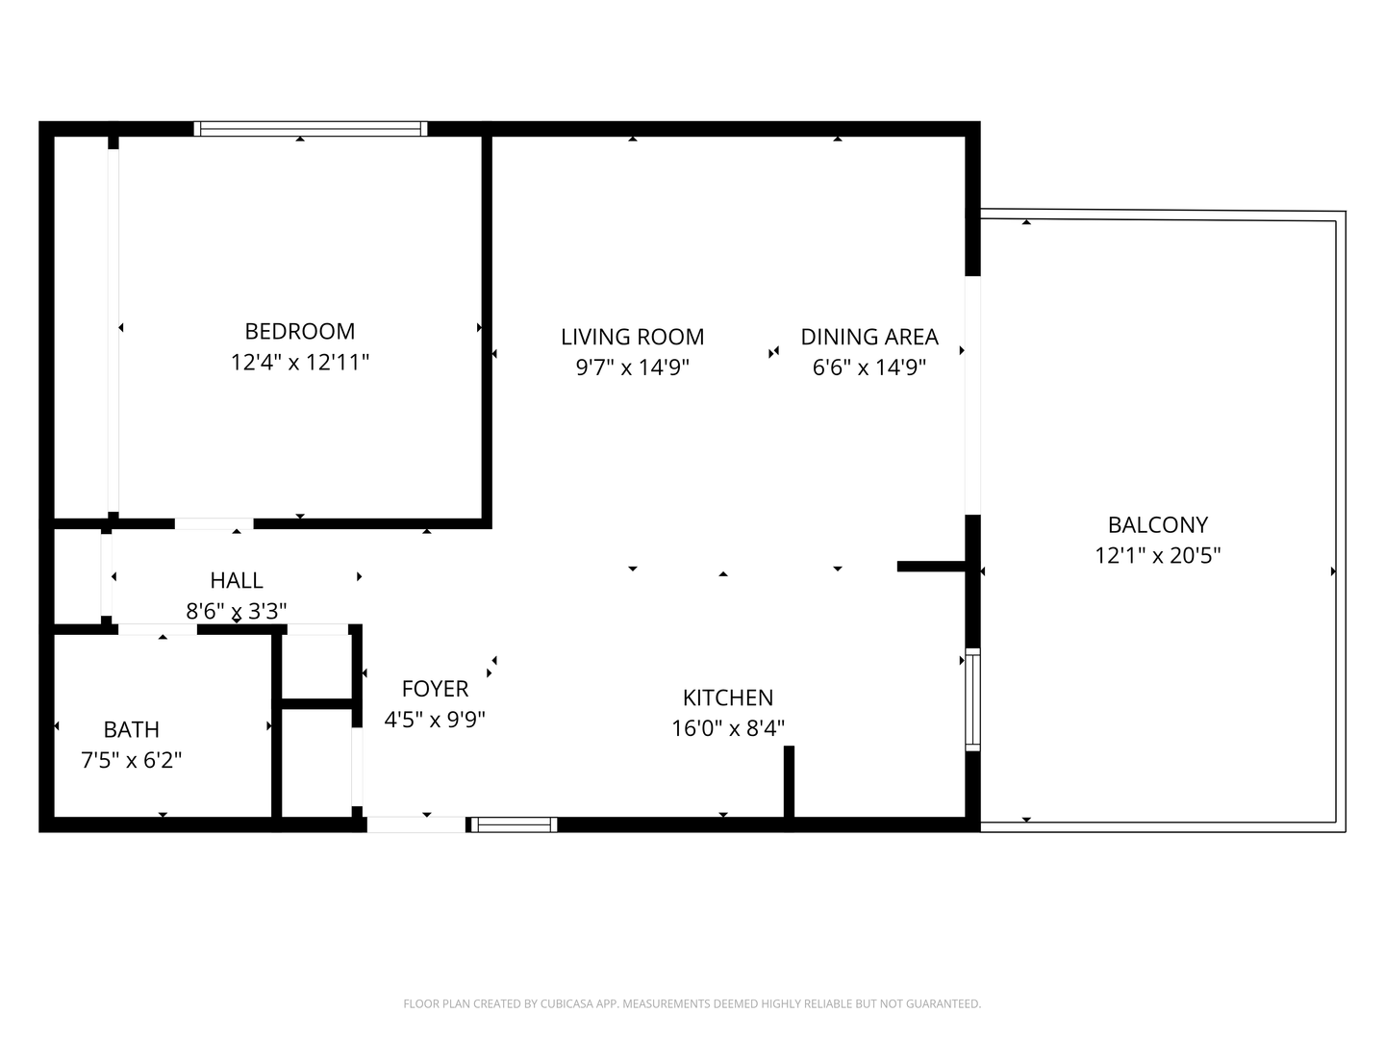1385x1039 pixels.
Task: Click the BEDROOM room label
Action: tap(300, 331)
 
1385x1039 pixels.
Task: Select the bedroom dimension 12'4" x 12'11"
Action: tap(300, 363)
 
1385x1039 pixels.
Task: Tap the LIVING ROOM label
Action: tap(632, 337)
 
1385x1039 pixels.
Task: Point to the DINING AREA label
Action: tap(869, 337)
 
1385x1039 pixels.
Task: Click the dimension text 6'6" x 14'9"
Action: tap(869, 367)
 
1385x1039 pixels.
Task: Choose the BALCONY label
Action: tap(1157, 524)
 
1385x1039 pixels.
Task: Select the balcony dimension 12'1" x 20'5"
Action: tap(1157, 555)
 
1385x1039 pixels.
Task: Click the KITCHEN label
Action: tap(728, 697)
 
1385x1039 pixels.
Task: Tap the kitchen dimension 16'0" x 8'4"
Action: tap(728, 728)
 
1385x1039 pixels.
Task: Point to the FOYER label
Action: tap(435, 689)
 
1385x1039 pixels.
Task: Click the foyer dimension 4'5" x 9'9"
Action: tap(435, 720)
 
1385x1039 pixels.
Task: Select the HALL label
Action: tap(237, 580)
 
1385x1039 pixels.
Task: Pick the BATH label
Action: tap(132, 729)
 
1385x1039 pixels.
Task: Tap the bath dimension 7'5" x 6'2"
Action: tap(132, 760)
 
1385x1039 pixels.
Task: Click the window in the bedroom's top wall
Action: tap(310, 129)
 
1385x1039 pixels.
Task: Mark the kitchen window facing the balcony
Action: tap(972, 700)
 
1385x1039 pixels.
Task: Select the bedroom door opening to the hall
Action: tap(214, 524)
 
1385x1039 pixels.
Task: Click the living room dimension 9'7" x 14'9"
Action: tap(632, 367)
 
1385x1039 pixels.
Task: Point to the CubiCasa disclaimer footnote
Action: tap(692, 1003)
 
